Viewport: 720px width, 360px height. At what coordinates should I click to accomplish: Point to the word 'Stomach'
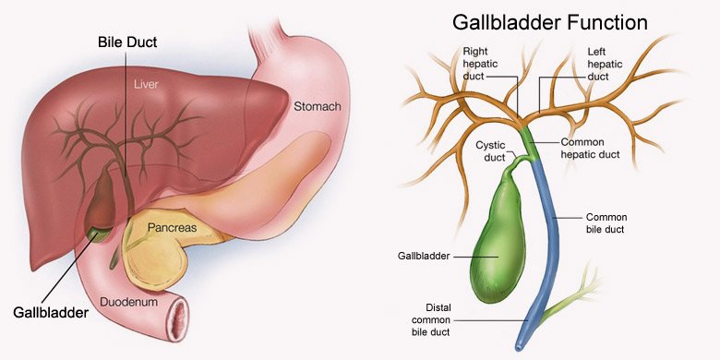click(316, 107)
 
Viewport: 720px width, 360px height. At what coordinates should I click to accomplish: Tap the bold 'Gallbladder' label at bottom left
click(51, 313)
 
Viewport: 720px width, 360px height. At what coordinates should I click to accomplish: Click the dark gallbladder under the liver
click(99, 203)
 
